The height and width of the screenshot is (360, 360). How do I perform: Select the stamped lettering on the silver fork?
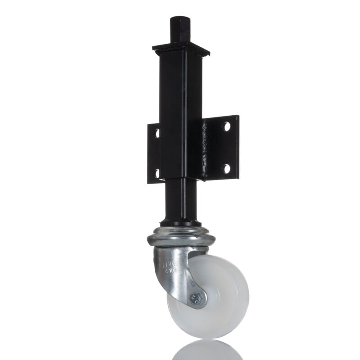tap(171, 266)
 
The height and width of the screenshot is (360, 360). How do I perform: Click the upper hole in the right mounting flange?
tap(227, 127)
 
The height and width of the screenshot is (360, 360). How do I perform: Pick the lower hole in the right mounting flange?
tap(226, 168)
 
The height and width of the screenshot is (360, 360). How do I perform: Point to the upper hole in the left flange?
tap(157, 133)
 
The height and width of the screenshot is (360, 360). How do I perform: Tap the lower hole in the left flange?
tap(157, 172)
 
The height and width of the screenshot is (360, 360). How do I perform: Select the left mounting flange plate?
tap(153, 153)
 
